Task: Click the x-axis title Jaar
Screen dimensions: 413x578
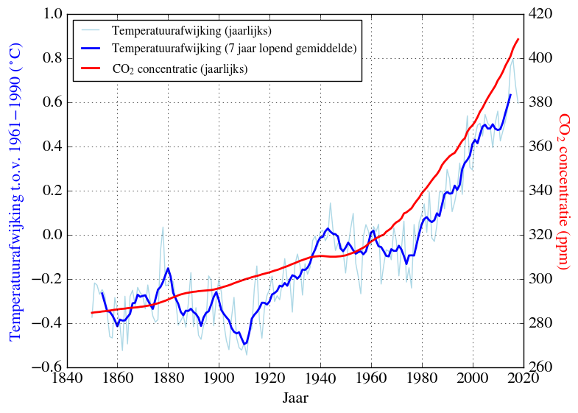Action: [x=295, y=398]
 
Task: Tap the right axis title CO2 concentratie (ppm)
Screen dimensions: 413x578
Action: [x=564, y=191]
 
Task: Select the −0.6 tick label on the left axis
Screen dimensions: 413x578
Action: [x=48, y=367]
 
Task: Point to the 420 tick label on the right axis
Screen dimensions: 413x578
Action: [x=541, y=15]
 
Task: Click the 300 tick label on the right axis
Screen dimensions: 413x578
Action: [x=541, y=280]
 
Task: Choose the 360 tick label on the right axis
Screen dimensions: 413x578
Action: [x=541, y=147]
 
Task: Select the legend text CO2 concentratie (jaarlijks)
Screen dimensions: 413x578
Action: [x=180, y=68]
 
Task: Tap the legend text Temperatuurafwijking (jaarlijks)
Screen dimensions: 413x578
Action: [x=192, y=31]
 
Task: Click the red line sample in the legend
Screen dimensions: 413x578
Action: [x=92, y=68]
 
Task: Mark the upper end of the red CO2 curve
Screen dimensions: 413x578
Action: [x=518, y=39]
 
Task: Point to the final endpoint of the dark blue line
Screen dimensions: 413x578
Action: [x=510, y=94]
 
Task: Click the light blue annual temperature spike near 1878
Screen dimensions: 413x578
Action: [x=163, y=227]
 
